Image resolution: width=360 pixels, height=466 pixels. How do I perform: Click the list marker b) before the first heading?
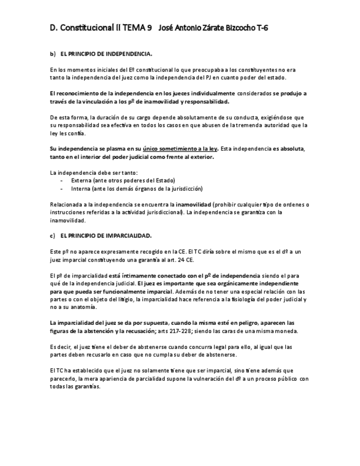pyautogui.click(x=53, y=54)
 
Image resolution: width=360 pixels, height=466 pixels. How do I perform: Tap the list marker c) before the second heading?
pyautogui.click(x=53, y=235)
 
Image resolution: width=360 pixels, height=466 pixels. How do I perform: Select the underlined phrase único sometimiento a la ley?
pyautogui.click(x=180, y=149)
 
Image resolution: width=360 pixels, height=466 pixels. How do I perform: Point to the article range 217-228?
pyautogui.click(x=196, y=331)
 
